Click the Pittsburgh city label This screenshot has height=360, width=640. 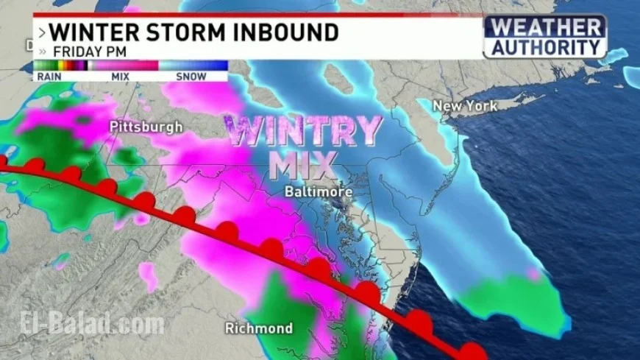[x=146, y=127]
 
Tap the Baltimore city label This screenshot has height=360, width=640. [x=319, y=191]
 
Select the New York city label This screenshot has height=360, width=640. [x=465, y=106]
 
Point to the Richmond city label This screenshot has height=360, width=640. [x=258, y=328]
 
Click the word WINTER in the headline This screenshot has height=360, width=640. [x=99, y=32]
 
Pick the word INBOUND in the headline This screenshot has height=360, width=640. [x=294, y=32]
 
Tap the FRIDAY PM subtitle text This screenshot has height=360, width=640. [x=88, y=52]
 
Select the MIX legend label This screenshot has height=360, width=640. [x=121, y=75]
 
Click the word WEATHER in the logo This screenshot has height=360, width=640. [x=545, y=28]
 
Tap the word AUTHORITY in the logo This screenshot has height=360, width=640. [x=545, y=47]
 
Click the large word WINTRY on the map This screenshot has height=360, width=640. [x=302, y=131]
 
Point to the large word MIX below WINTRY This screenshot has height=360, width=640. [x=302, y=166]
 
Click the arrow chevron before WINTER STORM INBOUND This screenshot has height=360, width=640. [x=41, y=33]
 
